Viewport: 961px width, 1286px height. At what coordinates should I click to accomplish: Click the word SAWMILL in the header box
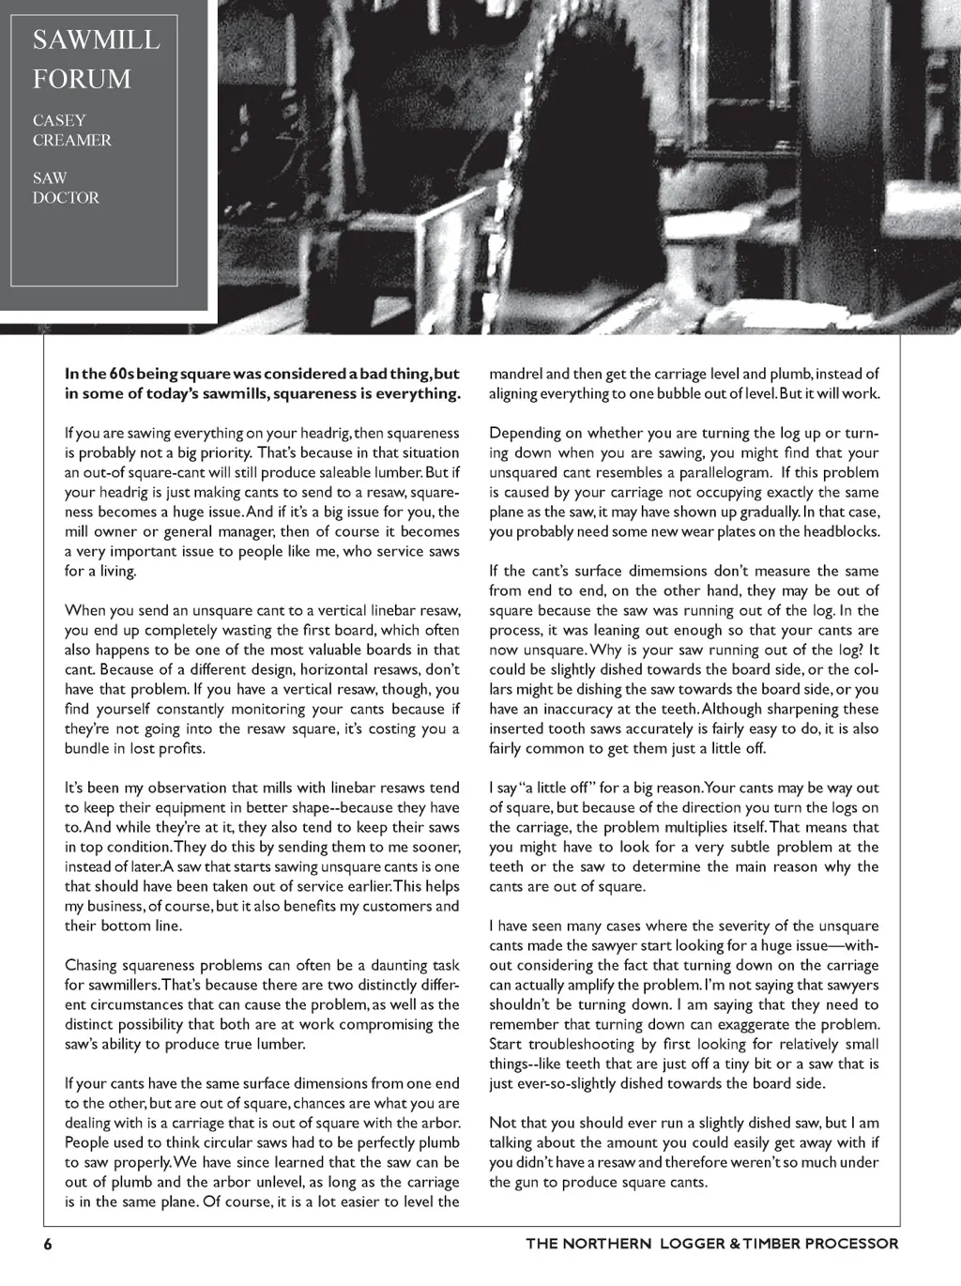pyautogui.click(x=96, y=40)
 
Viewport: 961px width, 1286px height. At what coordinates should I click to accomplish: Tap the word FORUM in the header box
pyautogui.click(x=82, y=80)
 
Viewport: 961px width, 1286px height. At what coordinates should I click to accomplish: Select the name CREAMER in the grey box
pyautogui.click(x=72, y=141)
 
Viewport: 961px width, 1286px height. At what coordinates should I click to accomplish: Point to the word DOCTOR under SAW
pyautogui.click(x=66, y=198)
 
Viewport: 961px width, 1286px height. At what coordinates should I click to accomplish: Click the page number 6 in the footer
pyautogui.click(x=47, y=1244)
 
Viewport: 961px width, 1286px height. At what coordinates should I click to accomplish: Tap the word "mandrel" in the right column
pyautogui.click(x=516, y=374)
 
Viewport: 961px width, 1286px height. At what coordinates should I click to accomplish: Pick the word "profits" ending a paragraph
pyautogui.click(x=182, y=749)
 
